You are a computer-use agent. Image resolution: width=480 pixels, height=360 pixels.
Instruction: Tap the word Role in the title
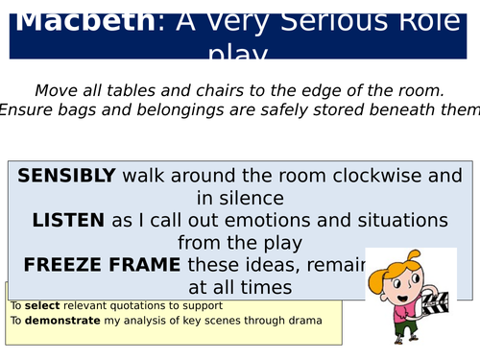[x=378, y=19]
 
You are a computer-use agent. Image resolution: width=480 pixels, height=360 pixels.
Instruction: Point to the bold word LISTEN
[x=68, y=220]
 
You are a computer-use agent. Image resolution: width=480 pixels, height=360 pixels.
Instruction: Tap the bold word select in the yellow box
[x=41, y=306]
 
